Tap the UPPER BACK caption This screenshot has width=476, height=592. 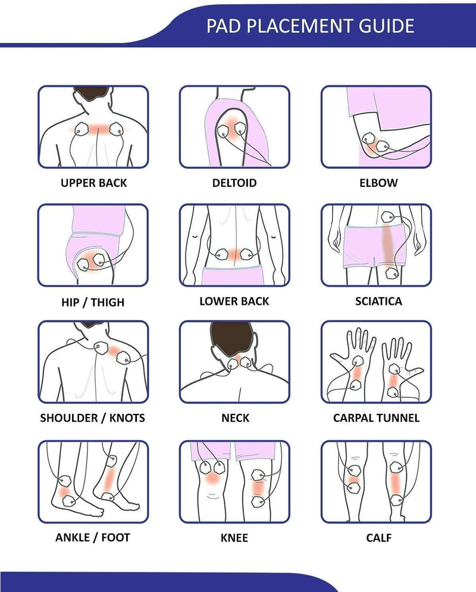coord(93,183)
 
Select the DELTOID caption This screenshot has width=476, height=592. coord(234,183)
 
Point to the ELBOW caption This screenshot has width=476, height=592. coord(378,183)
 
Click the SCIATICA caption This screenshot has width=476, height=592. coord(378,301)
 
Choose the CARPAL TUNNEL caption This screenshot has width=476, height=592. coord(376,418)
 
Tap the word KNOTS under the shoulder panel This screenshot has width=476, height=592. coord(127,418)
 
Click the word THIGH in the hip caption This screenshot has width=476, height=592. coord(108,303)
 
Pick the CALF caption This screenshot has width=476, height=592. coord(378,538)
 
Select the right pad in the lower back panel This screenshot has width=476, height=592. coord(247,254)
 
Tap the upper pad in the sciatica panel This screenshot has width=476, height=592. coord(388,217)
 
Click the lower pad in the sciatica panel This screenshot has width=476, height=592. coord(392,273)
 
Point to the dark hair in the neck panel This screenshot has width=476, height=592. coord(231,338)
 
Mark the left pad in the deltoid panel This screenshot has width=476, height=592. coord(223,131)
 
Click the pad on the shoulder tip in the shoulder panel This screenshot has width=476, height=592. coord(123,357)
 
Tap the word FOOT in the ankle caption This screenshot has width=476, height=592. coord(115,538)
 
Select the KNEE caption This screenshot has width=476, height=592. coord(234,538)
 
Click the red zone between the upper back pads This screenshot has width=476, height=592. coord(99,129)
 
